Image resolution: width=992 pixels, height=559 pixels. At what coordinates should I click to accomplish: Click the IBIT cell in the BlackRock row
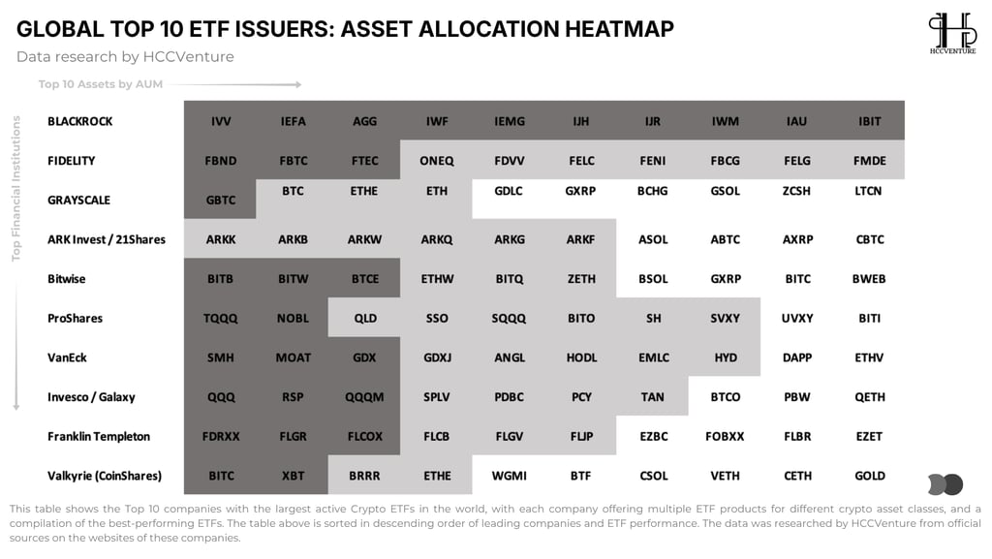[x=869, y=121]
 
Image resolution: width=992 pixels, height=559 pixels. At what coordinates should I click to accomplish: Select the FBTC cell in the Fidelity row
[x=293, y=161]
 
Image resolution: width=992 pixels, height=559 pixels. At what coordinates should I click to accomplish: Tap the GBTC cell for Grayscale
[x=220, y=200]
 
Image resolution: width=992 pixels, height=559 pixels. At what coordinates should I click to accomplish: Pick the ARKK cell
[x=220, y=239]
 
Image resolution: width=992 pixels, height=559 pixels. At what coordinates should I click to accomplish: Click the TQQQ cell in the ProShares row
[x=220, y=318]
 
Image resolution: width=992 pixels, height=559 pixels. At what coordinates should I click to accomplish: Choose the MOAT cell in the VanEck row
[x=293, y=357]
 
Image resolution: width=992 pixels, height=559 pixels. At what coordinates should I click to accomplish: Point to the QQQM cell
[x=364, y=397]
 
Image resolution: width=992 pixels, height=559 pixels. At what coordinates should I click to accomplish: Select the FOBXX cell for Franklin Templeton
[x=725, y=436]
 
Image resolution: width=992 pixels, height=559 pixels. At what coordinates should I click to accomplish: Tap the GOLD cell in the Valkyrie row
[x=869, y=476]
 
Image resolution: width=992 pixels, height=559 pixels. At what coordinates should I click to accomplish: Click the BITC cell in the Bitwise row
[x=797, y=279]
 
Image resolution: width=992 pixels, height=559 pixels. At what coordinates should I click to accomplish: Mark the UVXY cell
[x=797, y=318]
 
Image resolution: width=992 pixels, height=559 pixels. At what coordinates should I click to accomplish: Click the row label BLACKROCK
[x=79, y=121]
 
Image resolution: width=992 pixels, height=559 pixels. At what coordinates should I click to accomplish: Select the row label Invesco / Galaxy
[x=91, y=397]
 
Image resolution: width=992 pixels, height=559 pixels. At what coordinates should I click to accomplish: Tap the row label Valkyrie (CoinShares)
[x=105, y=476]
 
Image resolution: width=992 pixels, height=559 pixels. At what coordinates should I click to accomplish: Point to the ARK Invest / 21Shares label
[x=107, y=239]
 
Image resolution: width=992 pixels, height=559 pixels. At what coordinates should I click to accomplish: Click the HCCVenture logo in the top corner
[x=952, y=33]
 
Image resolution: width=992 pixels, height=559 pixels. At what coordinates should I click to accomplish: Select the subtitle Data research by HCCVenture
[x=125, y=57]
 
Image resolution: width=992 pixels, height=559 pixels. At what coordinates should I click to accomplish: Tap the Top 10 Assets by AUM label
[x=101, y=84]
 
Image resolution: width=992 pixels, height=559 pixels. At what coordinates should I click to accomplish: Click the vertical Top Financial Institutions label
[x=15, y=189]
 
